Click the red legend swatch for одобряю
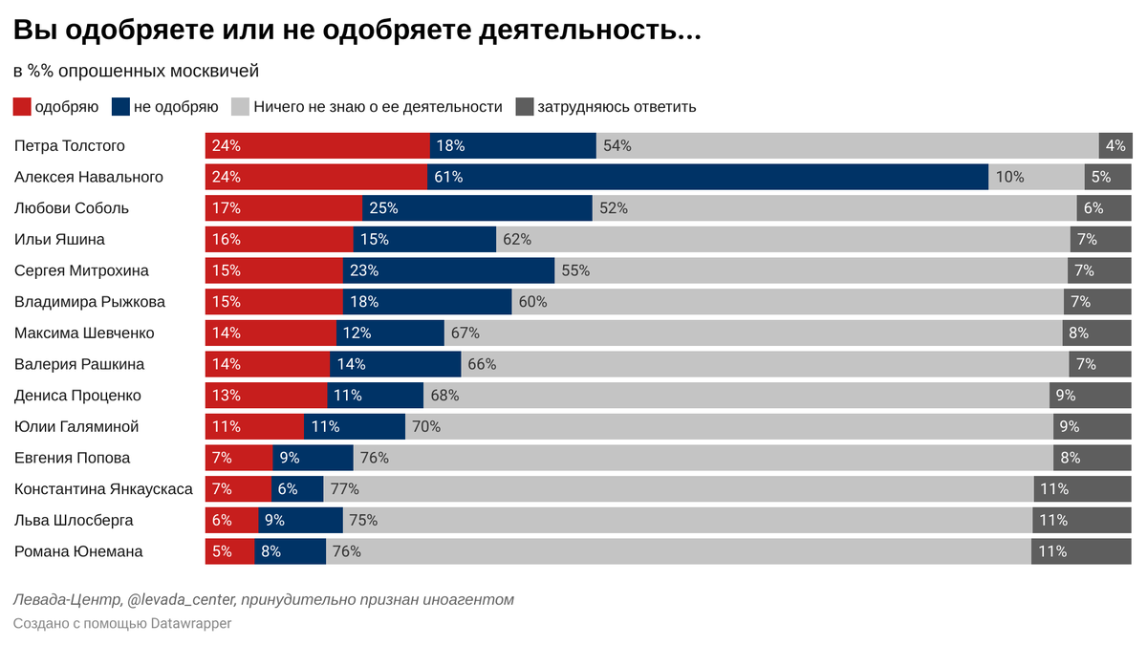[x=22, y=107]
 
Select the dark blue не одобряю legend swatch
[x=120, y=107]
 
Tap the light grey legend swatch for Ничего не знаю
[x=240, y=107]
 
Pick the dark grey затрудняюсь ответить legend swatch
[x=524, y=107]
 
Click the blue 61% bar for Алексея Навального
[x=707, y=177]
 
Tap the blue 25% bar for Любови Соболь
[x=477, y=208]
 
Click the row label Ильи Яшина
[x=59, y=239]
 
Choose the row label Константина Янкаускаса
[x=103, y=489]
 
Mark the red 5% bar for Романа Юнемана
[x=229, y=551]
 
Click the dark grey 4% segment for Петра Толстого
[x=1115, y=146]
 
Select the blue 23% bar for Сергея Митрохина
[x=448, y=270]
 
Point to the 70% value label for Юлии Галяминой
[x=426, y=426]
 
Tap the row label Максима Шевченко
[x=84, y=333]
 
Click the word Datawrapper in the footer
[x=191, y=623]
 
